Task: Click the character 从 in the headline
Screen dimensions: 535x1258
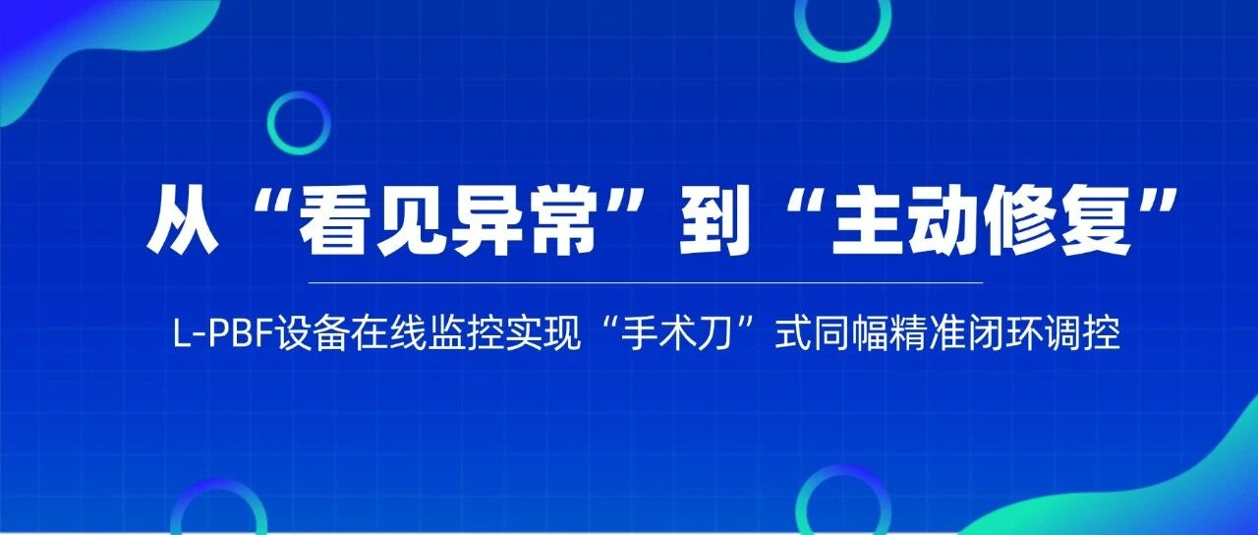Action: click(184, 221)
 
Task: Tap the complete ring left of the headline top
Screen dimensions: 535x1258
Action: click(298, 123)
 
